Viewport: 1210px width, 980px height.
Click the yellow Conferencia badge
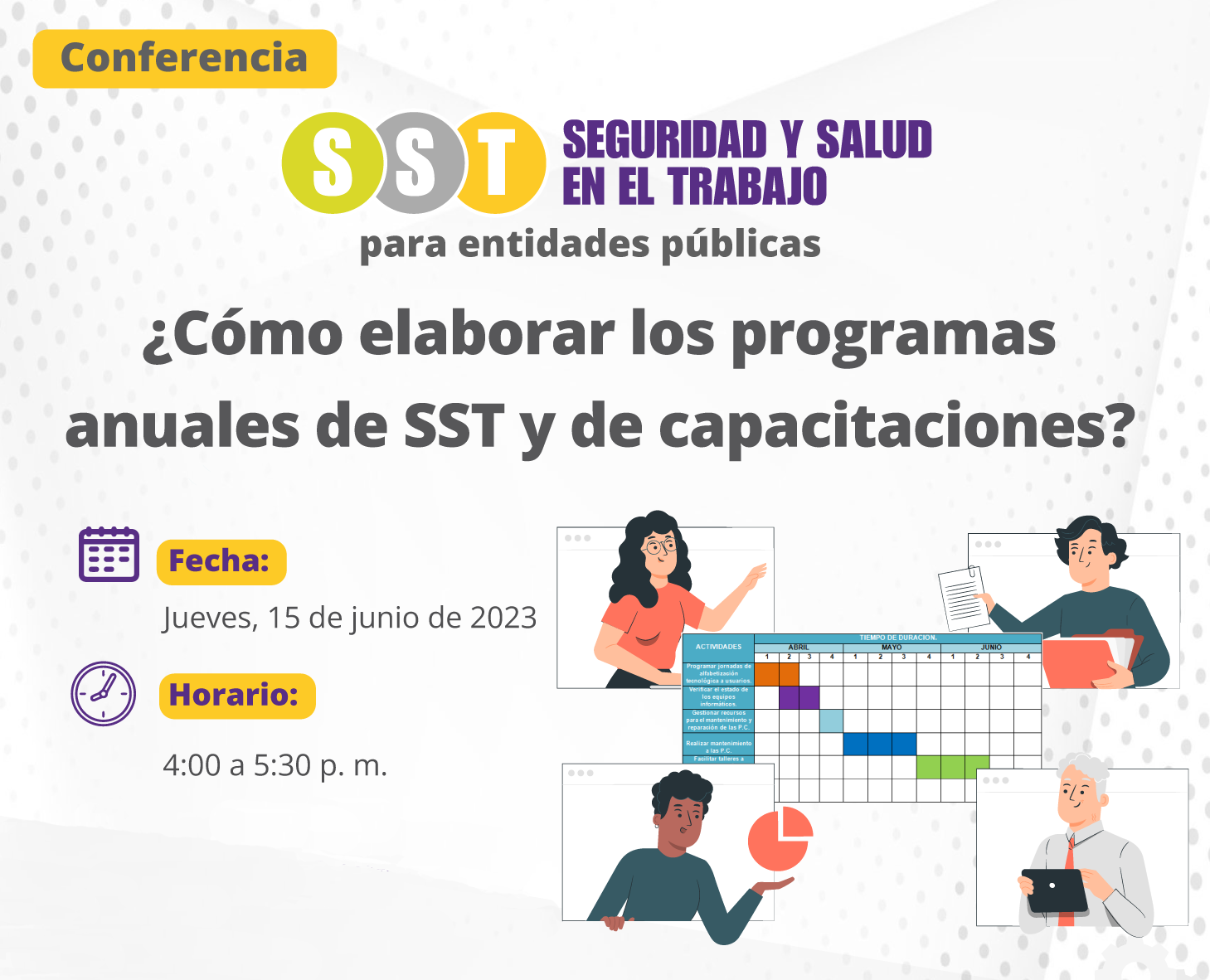(x=184, y=59)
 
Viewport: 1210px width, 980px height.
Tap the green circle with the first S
(x=332, y=163)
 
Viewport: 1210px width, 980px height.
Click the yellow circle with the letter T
(x=498, y=163)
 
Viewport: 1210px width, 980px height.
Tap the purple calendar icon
(x=109, y=554)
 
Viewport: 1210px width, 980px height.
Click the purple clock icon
(x=104, y=693)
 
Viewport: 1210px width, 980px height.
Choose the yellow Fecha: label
(x=221, y=561)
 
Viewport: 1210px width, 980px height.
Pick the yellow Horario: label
(x=236, y=695)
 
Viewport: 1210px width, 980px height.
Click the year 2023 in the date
(x=503, y=618)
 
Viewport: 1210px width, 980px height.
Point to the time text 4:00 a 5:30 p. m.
(x=275, y=764)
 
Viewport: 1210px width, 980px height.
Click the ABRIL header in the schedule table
(x=798, y=647)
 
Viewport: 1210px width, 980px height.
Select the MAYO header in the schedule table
(x=892, y=647)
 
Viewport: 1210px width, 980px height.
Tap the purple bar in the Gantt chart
(x=799, y=697)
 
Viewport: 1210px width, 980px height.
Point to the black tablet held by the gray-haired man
(x=1054, y=890)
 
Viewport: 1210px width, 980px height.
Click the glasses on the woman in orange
(x=658, y=546)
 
